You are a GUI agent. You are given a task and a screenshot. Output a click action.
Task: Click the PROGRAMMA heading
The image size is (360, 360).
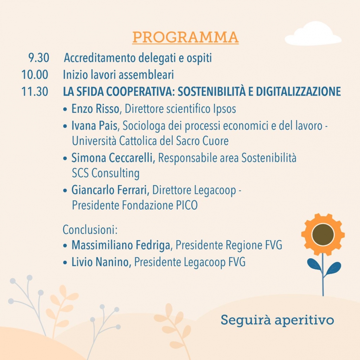[x=185, y=37]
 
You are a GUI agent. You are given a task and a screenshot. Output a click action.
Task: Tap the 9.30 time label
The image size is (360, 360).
[x=39, y=58]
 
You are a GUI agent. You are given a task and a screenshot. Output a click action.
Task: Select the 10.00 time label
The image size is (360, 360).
[x=34, y=75]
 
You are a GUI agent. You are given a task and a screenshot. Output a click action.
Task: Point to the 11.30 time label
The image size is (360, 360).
[x=34, y=92]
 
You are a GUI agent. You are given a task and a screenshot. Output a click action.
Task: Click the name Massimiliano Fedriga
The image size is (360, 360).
[x=121, y=245]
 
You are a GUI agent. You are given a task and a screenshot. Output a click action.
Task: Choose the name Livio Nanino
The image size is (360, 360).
[x=101, y=262]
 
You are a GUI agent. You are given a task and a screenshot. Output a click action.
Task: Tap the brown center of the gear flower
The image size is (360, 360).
[x=323, y=234]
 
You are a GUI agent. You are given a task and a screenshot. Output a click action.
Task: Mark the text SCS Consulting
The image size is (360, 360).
[x=106, y=173]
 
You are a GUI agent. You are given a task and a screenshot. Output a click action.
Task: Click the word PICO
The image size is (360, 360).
[x=187, y=206]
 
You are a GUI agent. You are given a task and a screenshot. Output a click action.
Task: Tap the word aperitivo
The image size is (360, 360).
[x=304, y=321]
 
